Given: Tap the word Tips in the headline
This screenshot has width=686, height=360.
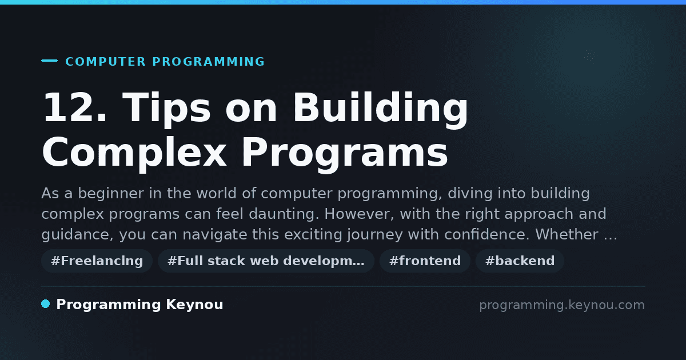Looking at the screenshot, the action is (x=166, y=110).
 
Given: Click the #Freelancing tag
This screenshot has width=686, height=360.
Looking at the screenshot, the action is (x=97, y=261).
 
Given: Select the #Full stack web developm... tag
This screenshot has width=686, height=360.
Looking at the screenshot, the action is (x=266, y=261).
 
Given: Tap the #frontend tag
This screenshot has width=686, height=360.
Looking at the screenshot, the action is (x=425, y=261).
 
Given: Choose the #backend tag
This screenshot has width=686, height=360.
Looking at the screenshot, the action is (x=520, y=261).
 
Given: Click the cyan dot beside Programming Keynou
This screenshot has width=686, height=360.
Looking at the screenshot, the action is (x=45, y=304).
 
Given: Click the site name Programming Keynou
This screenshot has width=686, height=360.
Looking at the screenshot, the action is (x=139, y=305).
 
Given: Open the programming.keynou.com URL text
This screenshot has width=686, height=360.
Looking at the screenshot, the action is (x=562, y=305).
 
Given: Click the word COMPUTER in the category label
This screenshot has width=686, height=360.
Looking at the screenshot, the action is (x=106, y=62).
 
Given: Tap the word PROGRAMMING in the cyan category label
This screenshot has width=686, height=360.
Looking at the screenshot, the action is (x=209, y=62).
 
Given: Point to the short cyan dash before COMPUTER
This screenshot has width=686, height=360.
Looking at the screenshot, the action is (x=49, y=61).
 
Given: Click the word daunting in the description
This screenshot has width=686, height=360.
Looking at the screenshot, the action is (x=282, y=214).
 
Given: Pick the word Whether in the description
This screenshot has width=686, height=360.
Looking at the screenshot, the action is (x=567, y=234).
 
